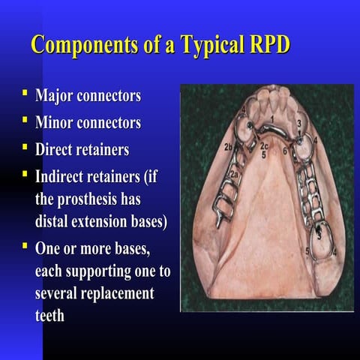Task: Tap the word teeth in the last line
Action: point(50,316)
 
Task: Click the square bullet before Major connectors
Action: point(25,96)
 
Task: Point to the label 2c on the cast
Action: point(264,146)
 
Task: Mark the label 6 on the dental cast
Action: point(285,150)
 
